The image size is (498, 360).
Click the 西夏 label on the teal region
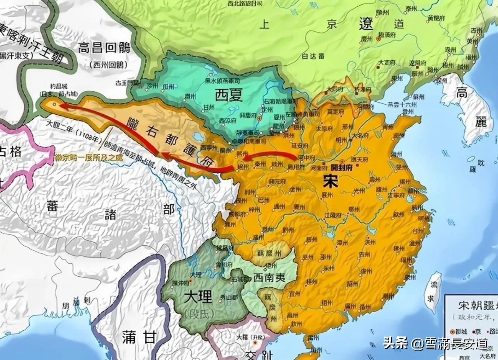[229, 94]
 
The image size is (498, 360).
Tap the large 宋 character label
[330, 181]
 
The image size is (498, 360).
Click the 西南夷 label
[269, 277]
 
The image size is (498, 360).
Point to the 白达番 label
[313, 56]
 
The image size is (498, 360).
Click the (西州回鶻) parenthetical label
[105, 64]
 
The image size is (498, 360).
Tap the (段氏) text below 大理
[198, 314]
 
